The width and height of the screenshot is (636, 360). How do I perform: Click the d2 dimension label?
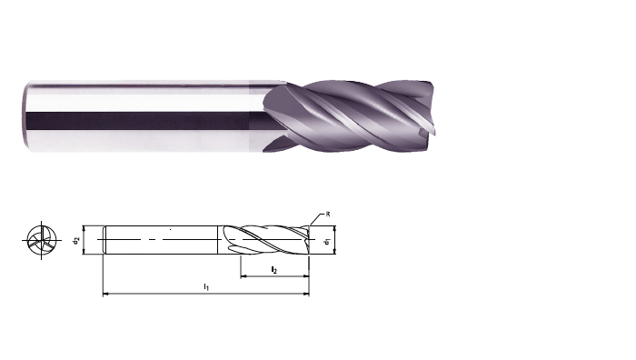click(75, 240)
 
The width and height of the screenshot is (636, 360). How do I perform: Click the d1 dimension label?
click(328, 242)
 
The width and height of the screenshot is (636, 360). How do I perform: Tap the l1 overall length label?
click(206, 287)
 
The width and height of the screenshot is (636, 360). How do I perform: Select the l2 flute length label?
click(274, 270)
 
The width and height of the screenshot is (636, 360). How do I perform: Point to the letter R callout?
click(328, 215)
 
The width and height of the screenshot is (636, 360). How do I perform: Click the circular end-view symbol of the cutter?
click(42, 240)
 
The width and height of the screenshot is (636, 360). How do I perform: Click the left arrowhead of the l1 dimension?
click(106, 293)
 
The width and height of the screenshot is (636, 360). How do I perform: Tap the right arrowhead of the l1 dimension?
click(305, 293)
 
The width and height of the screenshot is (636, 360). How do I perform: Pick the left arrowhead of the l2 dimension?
click(244, 276)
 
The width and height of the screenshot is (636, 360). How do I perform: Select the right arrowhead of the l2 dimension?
click(305, 276)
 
